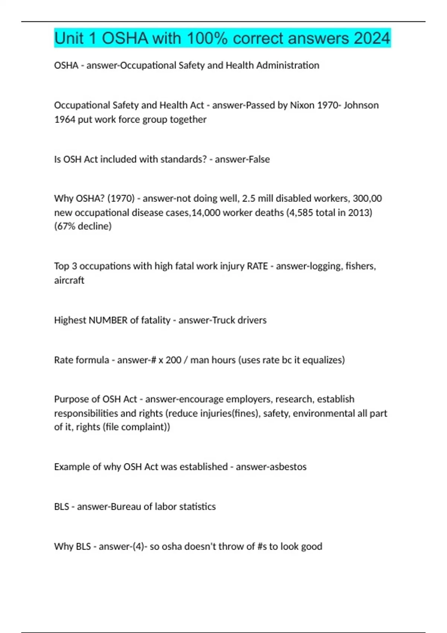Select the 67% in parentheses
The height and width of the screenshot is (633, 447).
pyautogui.click(x=66, y=226)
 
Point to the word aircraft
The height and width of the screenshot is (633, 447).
pyautogui.click(x=69, y=280)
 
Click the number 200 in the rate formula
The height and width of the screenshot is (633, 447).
pyautogui.click(x=174, y=360)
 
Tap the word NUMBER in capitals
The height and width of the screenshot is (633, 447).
pyautogui.click(x=108, y=320)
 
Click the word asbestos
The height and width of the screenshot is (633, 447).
pyautogui.click(x=289, y=467)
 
